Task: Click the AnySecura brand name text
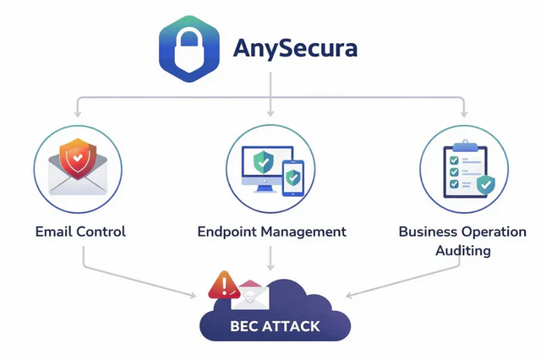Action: [296, 48]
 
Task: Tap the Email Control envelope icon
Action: [77, 169]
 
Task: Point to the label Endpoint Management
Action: [271, 231]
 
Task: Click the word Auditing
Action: [463, 251]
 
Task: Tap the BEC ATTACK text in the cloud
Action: [276, 325]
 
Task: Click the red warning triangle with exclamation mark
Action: [221, 286]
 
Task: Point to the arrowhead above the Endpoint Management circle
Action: [270, 112]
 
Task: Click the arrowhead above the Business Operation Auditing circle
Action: [463, 112]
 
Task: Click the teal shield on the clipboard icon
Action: [484, 183]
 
